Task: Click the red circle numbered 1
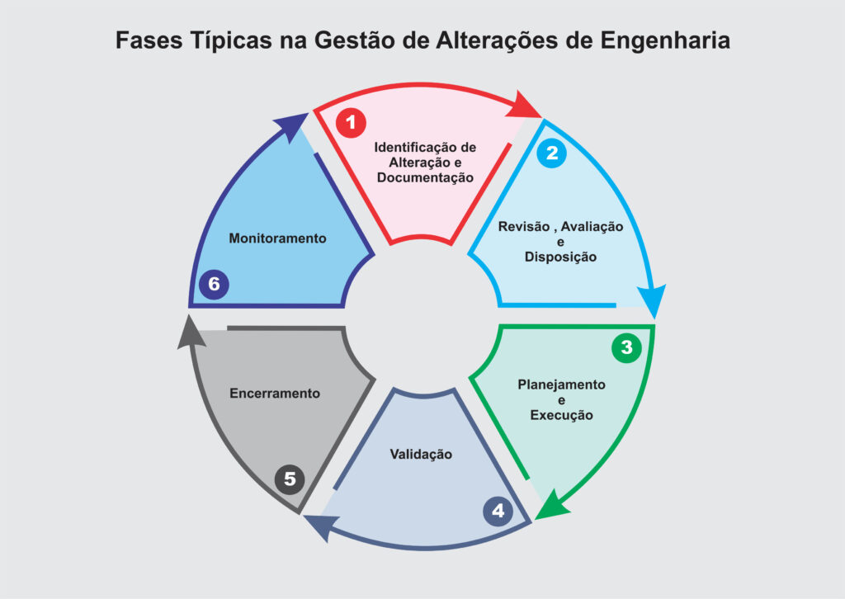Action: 351,123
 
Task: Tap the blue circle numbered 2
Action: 552,153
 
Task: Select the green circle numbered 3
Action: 626,347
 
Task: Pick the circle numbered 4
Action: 498,511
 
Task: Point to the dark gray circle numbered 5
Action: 290,479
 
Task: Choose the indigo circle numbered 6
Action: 214,284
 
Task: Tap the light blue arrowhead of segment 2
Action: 653,300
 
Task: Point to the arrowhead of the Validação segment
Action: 320,526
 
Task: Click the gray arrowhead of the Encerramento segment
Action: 191,333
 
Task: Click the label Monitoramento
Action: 277,238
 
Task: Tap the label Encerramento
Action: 275,394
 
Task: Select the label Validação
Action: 421,455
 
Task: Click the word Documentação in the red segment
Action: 425,178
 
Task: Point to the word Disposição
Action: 560,257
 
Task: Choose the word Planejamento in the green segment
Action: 561,385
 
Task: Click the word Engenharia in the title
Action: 665,41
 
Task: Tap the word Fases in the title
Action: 149,41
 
